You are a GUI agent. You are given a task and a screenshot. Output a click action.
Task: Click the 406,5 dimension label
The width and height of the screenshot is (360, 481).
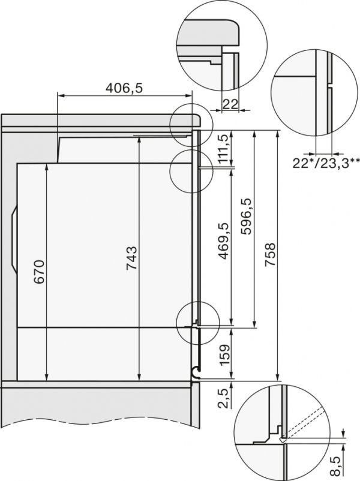tap(124, 88)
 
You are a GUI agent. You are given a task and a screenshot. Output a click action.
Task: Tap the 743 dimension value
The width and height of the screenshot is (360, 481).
tap(132, 258)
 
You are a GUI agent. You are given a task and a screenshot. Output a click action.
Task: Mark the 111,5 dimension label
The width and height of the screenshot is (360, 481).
tap(224, 149)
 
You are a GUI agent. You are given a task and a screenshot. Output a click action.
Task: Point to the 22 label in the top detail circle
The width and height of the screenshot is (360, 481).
tap(230, 104)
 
